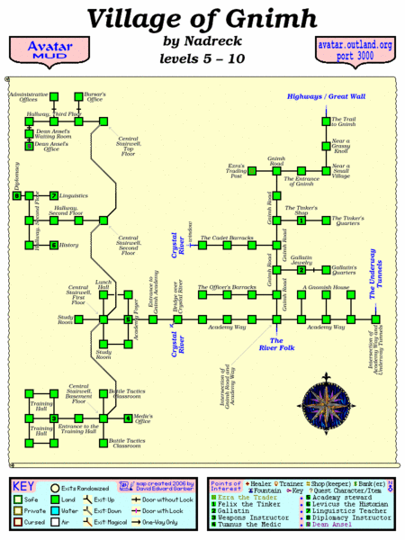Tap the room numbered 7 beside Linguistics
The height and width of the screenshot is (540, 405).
pyautogui.click(x=53, y=195)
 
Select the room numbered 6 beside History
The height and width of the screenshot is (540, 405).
pyautogui.click(x=53, y=244)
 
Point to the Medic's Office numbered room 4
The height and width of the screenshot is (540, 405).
pyautogui.click(x=128, y=418)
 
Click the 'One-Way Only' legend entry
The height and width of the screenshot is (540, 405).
pyautogui.click(x=178, y=524)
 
